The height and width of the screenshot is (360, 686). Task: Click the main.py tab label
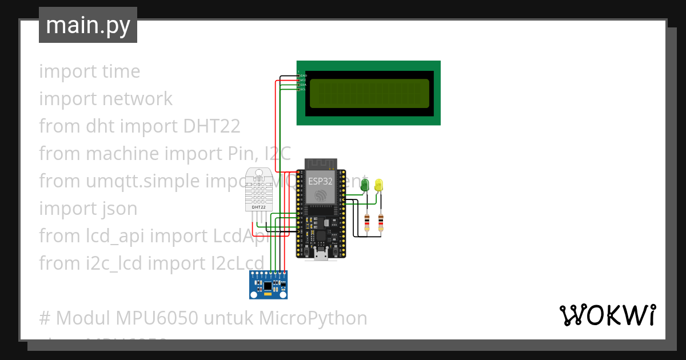[x=87, y=25]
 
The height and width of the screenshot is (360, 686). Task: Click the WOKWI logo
[x=607, y=315]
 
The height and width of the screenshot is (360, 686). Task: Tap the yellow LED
[x=379, y=185]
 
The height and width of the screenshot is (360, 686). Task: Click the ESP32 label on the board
[x=320, y=181]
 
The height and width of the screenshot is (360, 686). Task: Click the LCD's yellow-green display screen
[x=369, y=93]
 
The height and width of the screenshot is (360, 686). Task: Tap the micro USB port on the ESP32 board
[x=321, y=254]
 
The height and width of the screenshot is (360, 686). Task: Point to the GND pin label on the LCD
[x=304, y=75]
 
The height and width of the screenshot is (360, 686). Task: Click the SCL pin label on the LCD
[x=303, y=89]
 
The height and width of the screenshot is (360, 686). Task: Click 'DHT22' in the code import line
[x=212, y=126]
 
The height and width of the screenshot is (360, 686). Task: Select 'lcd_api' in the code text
[x=112, y=236]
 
